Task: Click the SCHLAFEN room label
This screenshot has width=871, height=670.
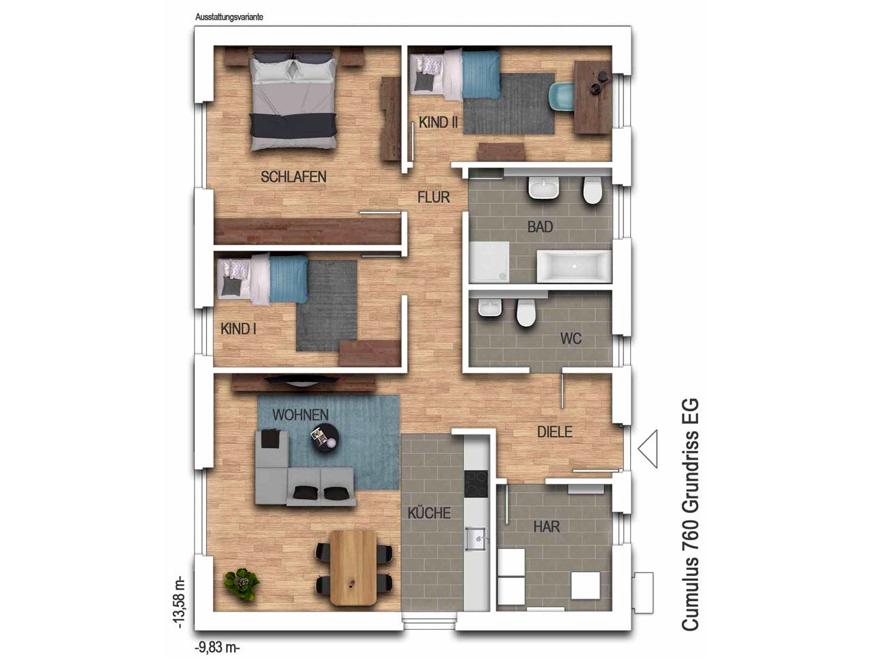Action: (293, 177)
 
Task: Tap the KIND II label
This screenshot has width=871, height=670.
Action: (438, 123)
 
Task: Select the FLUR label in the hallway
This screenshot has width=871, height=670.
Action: (433, 197)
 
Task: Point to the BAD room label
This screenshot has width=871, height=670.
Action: (540, 227)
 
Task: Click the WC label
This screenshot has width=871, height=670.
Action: (571, 339)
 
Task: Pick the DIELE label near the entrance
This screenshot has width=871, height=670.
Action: (555, 432)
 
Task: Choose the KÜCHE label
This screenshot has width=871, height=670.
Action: (429, 513)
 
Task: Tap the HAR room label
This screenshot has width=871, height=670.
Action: (546, 526)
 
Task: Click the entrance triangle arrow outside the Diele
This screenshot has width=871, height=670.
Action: (648, 449)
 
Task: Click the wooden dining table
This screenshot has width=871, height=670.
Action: (353, 568)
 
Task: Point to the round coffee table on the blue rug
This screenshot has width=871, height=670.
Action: (325, 437)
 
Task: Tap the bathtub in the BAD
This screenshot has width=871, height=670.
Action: (574, 266)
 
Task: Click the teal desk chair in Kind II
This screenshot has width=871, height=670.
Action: (562, 96)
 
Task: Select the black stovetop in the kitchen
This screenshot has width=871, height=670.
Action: (476, 483)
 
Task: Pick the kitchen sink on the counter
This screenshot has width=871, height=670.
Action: (476, 539)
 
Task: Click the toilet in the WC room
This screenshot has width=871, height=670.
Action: (526, 313)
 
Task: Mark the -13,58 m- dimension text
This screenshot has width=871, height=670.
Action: (179, 602)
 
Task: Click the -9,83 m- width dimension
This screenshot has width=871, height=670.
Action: (218, 647)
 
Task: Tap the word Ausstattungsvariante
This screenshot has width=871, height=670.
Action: (229, 17)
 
